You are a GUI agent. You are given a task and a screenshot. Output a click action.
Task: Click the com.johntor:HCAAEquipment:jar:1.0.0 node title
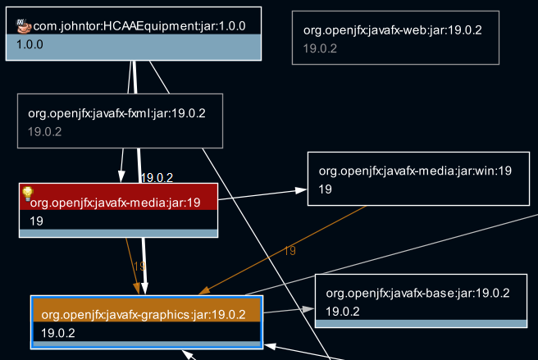click(139, 26)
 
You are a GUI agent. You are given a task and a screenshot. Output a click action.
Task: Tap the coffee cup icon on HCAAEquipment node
click(24, 26)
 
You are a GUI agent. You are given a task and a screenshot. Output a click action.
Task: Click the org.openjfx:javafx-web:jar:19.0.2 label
click(392, 30)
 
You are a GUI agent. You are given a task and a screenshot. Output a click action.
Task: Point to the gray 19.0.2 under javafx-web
click(320, 48)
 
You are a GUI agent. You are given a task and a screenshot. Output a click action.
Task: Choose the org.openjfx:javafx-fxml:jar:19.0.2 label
click(116, 113)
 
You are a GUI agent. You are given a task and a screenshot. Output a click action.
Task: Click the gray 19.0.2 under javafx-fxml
click(44, 131)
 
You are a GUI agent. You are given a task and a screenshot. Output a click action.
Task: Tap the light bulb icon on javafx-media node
click(27, 194)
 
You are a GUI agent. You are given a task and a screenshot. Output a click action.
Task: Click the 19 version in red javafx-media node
click(36, 221)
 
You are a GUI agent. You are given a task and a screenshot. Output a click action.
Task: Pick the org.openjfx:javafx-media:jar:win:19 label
click(415, 171)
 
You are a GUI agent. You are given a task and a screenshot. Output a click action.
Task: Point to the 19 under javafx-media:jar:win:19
click(325, 189)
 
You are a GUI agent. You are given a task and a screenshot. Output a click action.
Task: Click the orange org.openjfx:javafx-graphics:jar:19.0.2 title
click(143, 314)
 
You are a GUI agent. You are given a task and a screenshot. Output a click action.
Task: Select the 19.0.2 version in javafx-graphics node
click(58, 332)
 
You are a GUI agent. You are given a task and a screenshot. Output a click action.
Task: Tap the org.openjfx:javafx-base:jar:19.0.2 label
click(417, 293)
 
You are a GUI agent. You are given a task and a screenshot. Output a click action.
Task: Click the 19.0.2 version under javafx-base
click(343, 311)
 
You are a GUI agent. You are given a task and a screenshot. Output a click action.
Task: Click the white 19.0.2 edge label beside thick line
click(157, 177)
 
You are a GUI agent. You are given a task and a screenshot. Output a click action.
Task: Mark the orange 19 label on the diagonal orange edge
click(290, 251)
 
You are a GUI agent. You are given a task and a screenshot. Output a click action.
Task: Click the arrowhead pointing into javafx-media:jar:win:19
click(302, 190)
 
